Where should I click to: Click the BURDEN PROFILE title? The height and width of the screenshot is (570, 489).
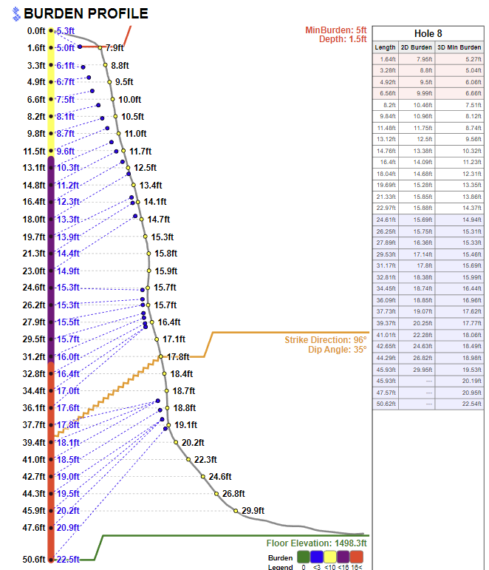pyautogui.click(x=86, y=13)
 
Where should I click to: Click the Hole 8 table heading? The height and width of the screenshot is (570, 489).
pyautogui.click(x=428, y=33)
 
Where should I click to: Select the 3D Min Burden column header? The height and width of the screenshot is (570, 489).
pyautogui.click(x=459, y=47)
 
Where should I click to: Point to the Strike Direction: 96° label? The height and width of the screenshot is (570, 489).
pyautogui.click(x=325, y=339)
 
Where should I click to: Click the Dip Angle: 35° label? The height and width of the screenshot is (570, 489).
pyautogui.click(x=337, y=350)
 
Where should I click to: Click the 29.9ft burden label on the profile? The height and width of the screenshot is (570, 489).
pyautogui.click(x=253, y=510)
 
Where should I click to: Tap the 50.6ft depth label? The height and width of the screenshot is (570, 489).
pyautogui.click(x=33, y=560)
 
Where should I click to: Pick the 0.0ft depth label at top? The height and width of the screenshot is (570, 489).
pyautogui.click(x=35, y=31)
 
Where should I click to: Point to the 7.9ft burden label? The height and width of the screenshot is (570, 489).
pyautogui.click(x=114, y=47)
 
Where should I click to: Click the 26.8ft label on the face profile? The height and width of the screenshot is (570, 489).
pyautogui.click(x=233, y=493)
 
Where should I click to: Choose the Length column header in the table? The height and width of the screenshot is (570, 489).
pyautogui.click(x=385, y=47)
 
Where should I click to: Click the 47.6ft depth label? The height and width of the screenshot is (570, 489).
pyautogui.click(x=33, y=528)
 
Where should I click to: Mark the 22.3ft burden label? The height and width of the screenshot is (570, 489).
pyautogui.click(x=205, y=459)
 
